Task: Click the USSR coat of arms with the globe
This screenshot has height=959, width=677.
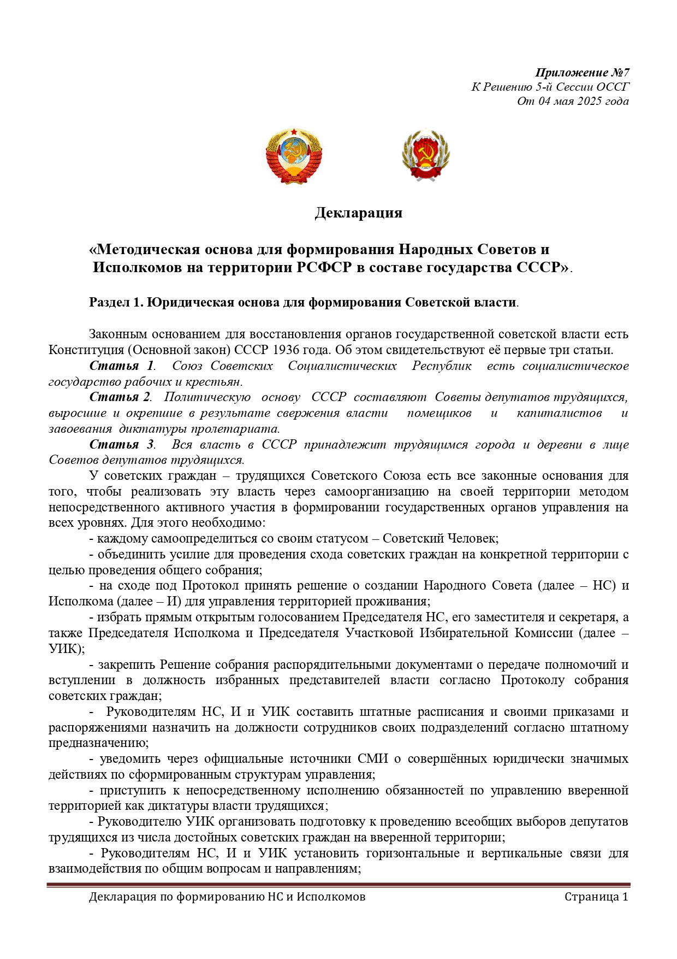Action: point(294,156)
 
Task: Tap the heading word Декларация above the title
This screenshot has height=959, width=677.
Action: point(358,213)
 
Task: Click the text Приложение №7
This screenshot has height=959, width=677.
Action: point(582,73)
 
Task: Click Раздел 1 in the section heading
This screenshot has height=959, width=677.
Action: point(116,302)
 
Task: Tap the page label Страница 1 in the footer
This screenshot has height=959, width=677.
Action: point(596,897)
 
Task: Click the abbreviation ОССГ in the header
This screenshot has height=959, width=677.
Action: point(613,87)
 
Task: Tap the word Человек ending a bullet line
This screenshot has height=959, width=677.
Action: point(472,538)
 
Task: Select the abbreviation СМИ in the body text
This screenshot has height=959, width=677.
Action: point(373,758)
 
